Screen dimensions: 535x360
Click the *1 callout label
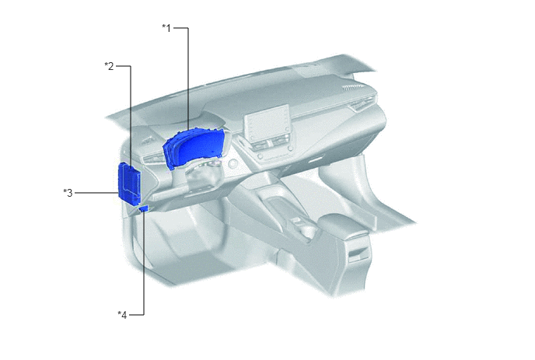pos(166,28)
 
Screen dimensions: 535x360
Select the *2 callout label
pos(109,66)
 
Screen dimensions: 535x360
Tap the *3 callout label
pos(68,193)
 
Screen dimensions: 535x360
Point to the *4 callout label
pos(122,315)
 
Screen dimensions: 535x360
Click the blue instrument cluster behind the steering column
pos(194,148)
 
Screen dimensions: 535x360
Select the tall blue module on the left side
pos(129,183)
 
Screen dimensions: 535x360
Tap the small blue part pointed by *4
pos(144,208)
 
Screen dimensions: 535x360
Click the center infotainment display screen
pos(267,124)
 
